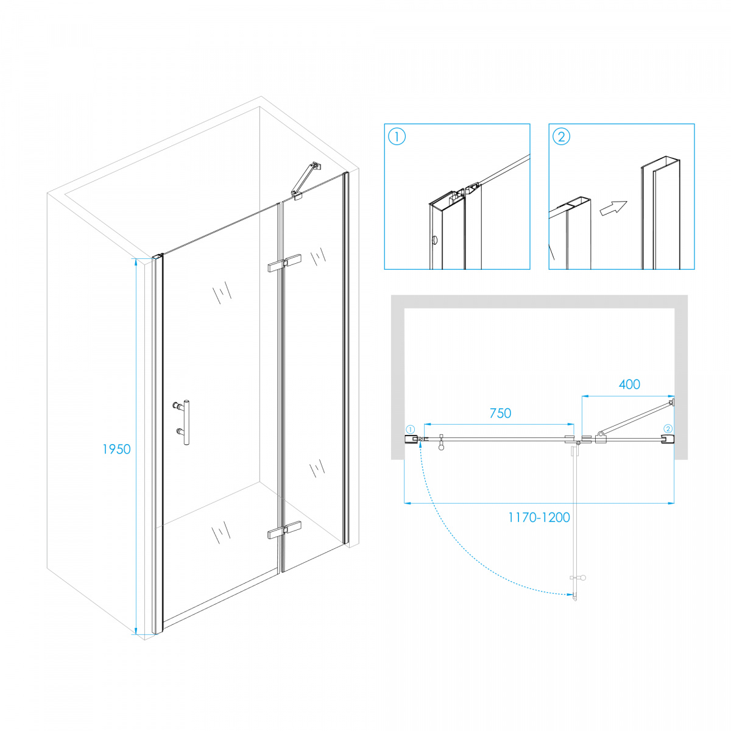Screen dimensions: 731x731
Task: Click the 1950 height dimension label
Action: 116,449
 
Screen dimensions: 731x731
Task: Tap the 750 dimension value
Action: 500,413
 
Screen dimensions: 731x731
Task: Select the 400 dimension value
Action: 629,384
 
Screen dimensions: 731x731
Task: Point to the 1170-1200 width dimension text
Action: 539,517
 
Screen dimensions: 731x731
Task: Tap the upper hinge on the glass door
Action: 284,263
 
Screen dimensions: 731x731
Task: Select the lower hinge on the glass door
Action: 284,529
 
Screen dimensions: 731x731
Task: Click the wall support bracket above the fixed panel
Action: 306,180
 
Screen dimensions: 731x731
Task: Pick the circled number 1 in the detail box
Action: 397,136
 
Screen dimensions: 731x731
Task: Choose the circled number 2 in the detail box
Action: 562,136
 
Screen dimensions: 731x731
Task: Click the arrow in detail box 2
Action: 613,208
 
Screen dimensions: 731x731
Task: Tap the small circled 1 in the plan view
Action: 411,429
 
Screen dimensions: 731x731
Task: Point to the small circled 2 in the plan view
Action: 668,429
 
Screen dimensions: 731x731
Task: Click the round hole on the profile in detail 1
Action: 435,240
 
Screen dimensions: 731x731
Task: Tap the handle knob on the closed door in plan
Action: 441,443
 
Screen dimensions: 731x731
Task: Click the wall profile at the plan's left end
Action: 411,439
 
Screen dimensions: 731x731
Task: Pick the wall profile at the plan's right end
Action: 668,439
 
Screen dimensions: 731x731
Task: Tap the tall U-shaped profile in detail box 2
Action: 660,213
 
